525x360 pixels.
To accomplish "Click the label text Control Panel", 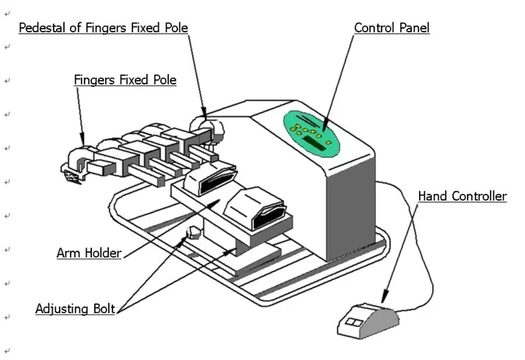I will click(x=391, y=28).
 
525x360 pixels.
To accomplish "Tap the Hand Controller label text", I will click(x=462, y=196).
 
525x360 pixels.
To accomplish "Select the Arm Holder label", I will click(x=88, y=253).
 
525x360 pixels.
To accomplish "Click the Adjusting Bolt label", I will click(x=74, y=309).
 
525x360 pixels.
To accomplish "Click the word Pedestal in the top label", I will click(x=43, y=28).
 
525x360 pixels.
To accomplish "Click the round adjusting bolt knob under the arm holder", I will click(x=194, y=234).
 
